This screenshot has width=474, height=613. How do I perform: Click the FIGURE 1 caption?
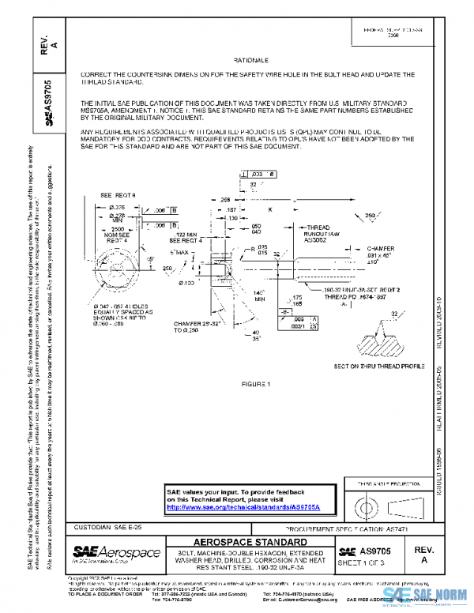[257, 384]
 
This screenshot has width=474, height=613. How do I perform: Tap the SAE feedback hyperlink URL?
[251, 507]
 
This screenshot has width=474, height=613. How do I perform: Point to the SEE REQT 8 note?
[118, 194]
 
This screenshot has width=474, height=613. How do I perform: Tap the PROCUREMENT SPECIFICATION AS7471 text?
[353, 527]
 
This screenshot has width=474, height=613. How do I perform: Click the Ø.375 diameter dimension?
[116, 207]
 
